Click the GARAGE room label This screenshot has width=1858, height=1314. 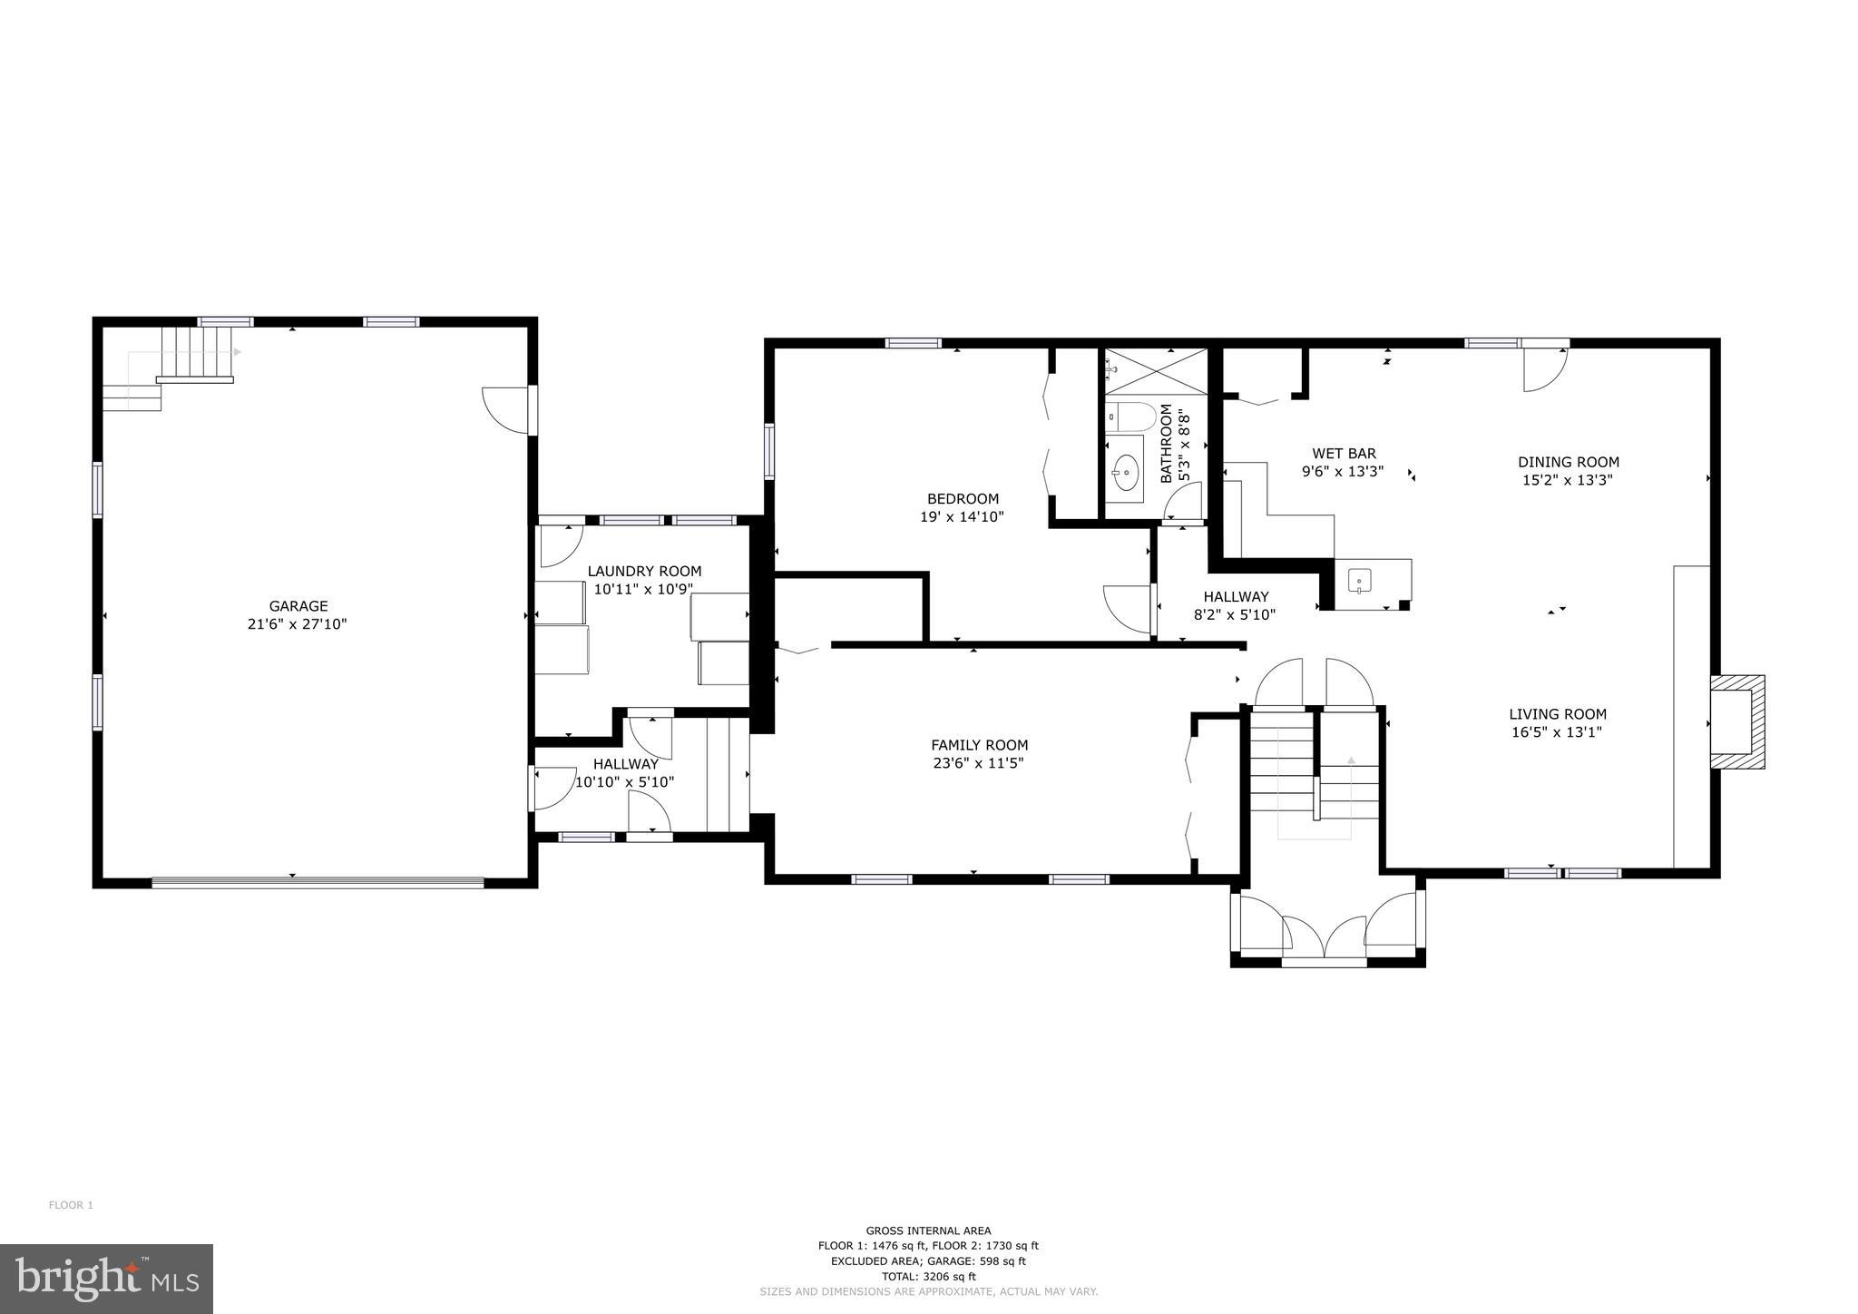click(x=298, y=606)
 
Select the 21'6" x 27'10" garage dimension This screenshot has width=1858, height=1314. click(x=298, y=624)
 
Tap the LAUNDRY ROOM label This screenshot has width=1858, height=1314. click(x=644, y=571)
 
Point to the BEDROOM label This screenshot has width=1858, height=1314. click(x=963, y=498)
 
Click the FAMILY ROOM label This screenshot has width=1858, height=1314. click(x=979, y=745)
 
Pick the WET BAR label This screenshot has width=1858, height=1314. click(x=1344, y=454)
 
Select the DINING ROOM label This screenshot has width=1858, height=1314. click(x=1568, y=462)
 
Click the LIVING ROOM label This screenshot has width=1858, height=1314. click(x=1557, y=714)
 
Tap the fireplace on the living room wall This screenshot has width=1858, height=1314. click(x=1737, y=721)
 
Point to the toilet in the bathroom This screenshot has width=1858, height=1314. click(x=1134, y=417)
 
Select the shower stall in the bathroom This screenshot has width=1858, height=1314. click(x=1156, y=372)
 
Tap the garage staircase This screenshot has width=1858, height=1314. click(x=194, y=354)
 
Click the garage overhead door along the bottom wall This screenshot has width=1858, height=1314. click(x=318, y=881)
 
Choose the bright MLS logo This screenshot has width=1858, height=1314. click(x=106, y=1279)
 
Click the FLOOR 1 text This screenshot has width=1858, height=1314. click(x=71, y=1205)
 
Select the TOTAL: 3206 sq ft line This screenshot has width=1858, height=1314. click(x=928, y=1276)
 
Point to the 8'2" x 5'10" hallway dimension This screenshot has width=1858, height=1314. click(x=1235, y=614)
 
